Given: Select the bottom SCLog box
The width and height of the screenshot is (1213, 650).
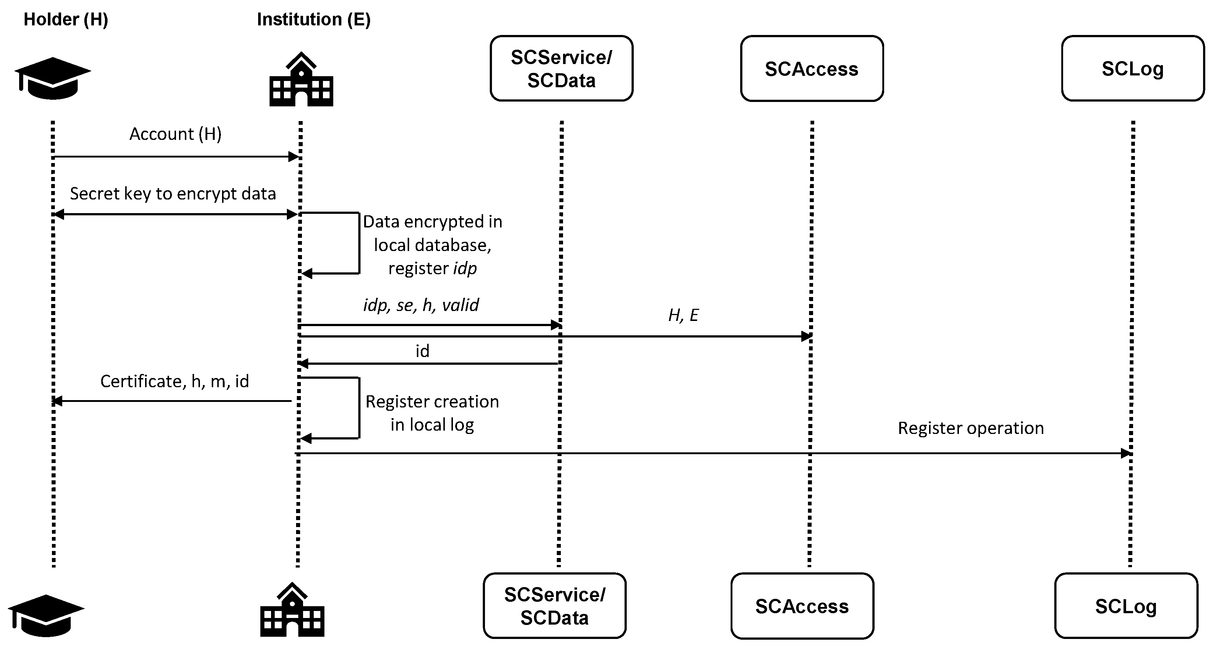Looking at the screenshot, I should click(x=1125, y=606).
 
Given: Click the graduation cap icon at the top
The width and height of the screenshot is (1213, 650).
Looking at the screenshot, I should click(x=52, y=78).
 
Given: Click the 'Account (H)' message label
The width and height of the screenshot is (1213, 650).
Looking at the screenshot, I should click(x=175, y=134).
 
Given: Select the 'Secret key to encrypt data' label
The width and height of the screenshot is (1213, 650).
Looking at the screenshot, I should click(x=173, y=194).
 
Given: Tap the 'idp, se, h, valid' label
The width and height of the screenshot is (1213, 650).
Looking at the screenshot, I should click(x=421, y=305).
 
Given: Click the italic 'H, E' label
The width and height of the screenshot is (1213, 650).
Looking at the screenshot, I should click(x=683, y=315).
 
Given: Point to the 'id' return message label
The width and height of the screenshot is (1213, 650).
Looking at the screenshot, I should click(x=422, y=351).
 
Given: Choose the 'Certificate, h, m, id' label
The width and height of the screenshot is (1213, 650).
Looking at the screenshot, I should click(x=174, y=381).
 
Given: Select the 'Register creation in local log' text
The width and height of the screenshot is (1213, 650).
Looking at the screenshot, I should click(x=432, y=413).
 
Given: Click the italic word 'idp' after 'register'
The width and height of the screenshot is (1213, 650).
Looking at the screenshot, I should click(x=465, y=268).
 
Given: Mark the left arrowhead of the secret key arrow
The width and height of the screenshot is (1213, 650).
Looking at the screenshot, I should click(x=59, y=215).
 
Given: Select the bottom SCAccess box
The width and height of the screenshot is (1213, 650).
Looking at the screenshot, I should click(x=802, y=606).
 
